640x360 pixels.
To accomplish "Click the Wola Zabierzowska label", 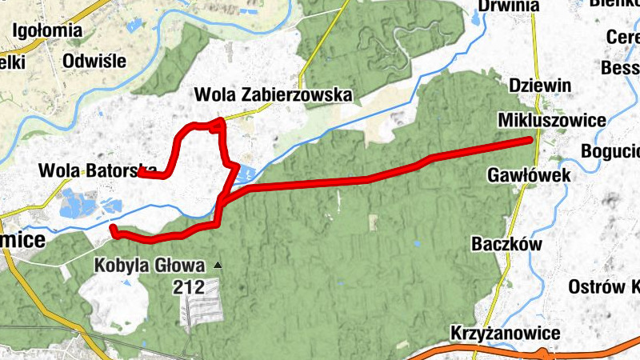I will (x=274, y=95).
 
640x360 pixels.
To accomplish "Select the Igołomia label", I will (x=48, y=31).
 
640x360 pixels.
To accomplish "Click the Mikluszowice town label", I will (x=551, y=120).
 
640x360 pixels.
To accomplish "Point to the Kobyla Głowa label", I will (x=150, y=265).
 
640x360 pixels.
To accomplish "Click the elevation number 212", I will (x=189, y=286).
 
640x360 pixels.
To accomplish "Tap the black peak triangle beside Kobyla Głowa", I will (x=217, y=264).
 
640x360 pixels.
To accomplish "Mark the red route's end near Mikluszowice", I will (x=530, y=141).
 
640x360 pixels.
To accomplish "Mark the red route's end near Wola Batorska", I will (x=138, y=171).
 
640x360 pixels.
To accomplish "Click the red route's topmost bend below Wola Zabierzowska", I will (x=219, y=122).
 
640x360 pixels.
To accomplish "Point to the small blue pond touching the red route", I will (x=245, y=172).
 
